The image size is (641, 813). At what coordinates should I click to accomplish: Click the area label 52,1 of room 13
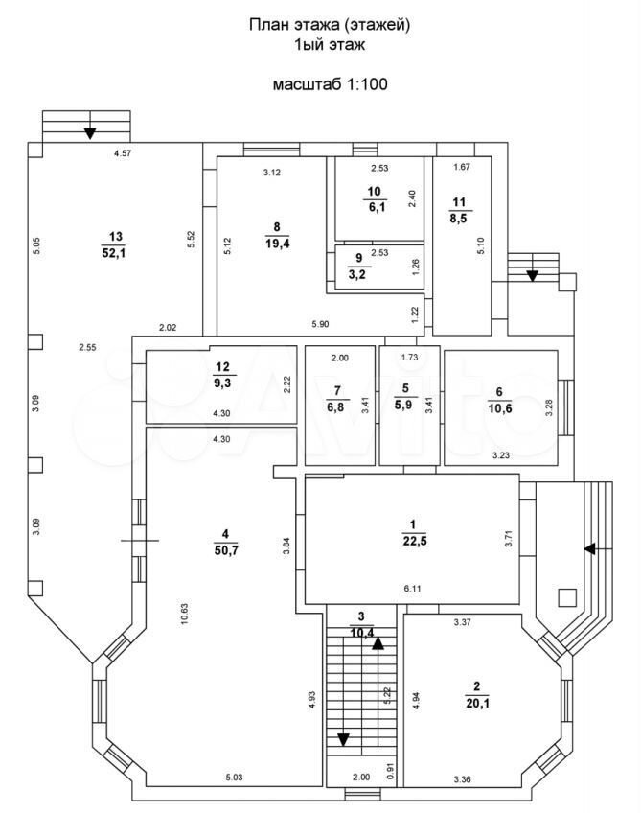pyautogui.click(x=116, y=253)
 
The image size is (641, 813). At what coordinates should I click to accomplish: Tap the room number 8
pyautogui.click(x=277, y=226)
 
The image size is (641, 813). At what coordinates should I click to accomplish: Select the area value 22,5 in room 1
pyautogui.click(x=415, y=542)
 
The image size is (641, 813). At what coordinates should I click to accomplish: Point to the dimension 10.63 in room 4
pyautogui.click(x=185, y=614)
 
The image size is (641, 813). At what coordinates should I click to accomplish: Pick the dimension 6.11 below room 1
pyautogui.click(x=412, y=589)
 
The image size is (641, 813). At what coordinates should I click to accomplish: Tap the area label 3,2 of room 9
pyautogui.click(x=357, y=275)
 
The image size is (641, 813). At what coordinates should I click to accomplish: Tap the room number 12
pyautogui.click(x=223, y=367)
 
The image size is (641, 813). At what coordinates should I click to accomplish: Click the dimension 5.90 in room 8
pyautogui.click(x=320, y=325)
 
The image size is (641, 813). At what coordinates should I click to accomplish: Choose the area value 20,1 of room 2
pyautogui.click(x=477, y=703)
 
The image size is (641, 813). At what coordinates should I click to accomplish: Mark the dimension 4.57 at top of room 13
pyautogui.click(x=123, y=153)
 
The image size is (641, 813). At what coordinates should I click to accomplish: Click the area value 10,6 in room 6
pyautogui.click(x=500, y=408)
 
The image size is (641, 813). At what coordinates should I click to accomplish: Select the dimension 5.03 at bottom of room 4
pyautogui.click(x=234, y=778)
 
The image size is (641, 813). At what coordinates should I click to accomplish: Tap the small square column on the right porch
pyautogui.click(x=567, y=598)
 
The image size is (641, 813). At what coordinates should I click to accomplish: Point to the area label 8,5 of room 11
pyautogui.click(x=459, y=219)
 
